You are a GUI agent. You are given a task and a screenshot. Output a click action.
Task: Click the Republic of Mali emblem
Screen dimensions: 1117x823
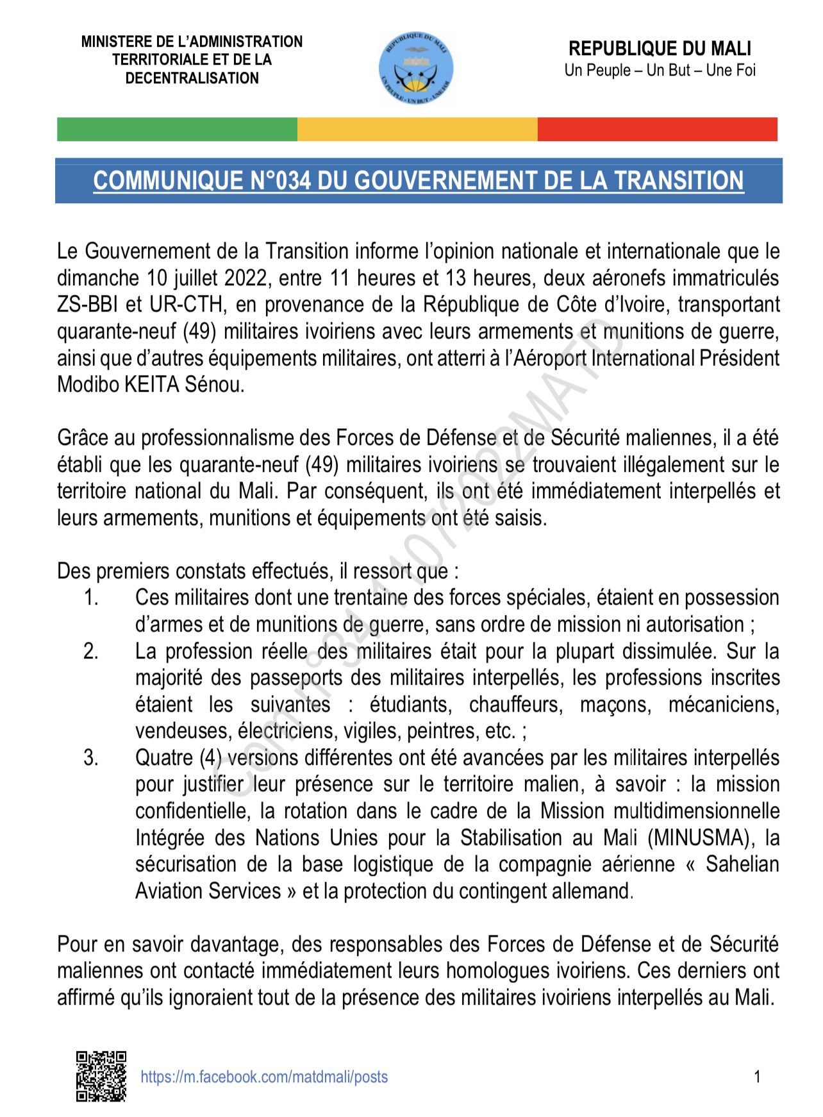coord(415,69)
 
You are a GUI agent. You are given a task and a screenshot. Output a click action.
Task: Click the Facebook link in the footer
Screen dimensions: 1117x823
coord(264,1077)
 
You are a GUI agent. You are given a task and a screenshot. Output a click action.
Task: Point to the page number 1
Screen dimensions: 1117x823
coord(757,1077)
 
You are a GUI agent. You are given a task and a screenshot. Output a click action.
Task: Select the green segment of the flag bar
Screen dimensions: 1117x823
coord(177,129)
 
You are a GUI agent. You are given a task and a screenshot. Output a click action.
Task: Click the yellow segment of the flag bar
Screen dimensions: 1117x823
coord(417,129)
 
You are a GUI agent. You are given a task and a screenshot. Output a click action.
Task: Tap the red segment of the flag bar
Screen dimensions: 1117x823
coord(657,129)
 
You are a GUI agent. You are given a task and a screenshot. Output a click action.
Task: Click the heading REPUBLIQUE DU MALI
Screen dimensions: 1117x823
coord(660,49)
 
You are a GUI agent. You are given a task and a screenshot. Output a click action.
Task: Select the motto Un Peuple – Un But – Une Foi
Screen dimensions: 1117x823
coord(660,70)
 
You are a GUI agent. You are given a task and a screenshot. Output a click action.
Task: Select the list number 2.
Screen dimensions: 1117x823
coord(91,651)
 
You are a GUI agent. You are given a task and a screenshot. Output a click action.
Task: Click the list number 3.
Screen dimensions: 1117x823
coord(91,757)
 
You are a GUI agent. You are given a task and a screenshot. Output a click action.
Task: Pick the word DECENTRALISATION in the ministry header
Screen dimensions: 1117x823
coord(192,78)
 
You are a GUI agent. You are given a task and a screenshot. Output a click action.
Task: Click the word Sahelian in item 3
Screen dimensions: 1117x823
coord(742,864)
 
